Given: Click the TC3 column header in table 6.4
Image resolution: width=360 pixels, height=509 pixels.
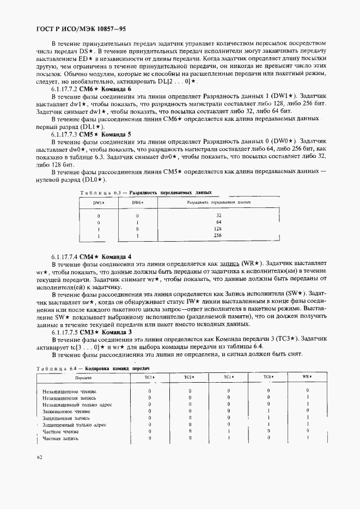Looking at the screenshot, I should [149, 377].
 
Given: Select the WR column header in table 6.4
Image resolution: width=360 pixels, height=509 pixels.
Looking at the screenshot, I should [308, 377].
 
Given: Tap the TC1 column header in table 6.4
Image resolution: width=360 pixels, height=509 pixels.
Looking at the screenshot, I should [228, 377].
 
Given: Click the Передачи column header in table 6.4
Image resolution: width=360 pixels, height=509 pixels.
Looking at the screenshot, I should [83, 377].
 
